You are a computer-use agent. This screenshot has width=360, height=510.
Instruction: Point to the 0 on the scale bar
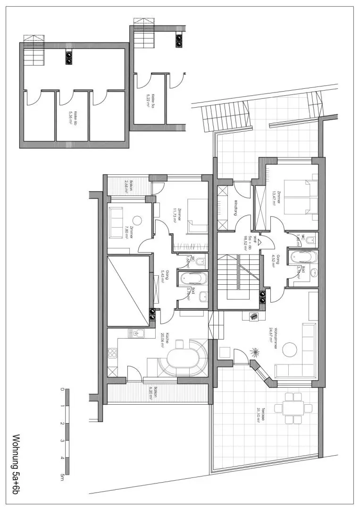coord(62,390)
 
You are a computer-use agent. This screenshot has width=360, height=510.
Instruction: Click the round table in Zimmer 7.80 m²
coord(137,220)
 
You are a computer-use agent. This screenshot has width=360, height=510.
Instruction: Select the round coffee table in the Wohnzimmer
coord(290,350)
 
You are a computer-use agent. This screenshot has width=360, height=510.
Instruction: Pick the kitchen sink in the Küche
coord(137,334)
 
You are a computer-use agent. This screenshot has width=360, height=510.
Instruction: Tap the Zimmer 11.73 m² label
coord(175,215)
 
